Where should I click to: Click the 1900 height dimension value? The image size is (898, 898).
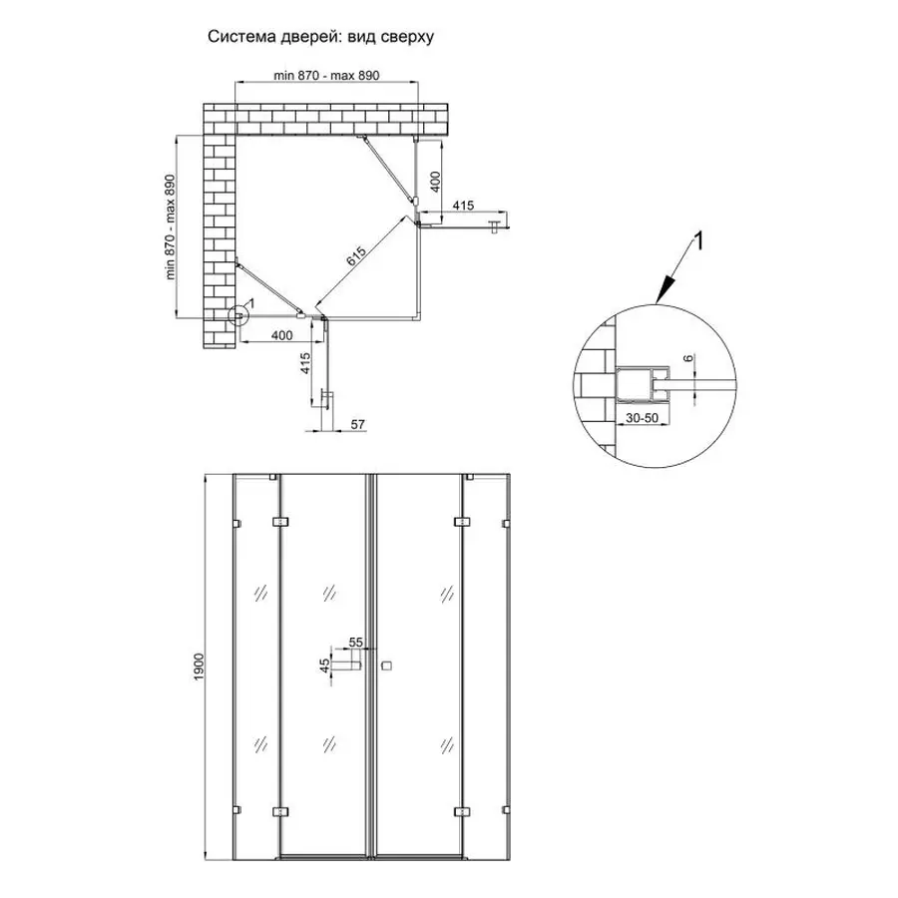199,667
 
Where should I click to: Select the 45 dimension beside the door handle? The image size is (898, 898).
324,667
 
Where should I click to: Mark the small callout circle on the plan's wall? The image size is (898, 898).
239,317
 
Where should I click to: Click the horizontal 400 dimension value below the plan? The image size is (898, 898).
280,335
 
